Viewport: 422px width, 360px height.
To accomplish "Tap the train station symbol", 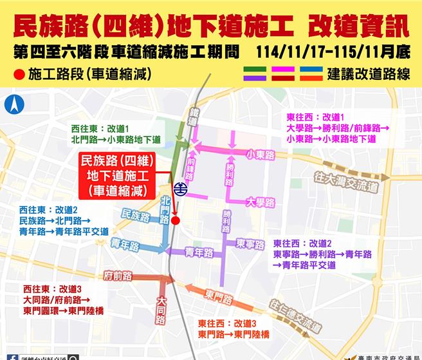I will click(x=182, y=189).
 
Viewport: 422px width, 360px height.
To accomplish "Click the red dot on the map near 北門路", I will click(x=176, y=220).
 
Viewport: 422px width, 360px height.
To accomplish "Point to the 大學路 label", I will click(x=261, y=202).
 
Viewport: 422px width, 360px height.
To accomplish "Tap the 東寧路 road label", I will click(x=250, y=243).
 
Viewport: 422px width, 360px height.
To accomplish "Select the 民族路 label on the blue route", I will click(x=134, y=216).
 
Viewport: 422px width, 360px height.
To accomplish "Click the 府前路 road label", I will click(x=118, y=276).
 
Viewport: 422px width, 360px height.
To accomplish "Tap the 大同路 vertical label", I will click(x=160, y=310).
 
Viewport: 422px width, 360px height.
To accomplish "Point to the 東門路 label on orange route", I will click(x=220, y=296).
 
